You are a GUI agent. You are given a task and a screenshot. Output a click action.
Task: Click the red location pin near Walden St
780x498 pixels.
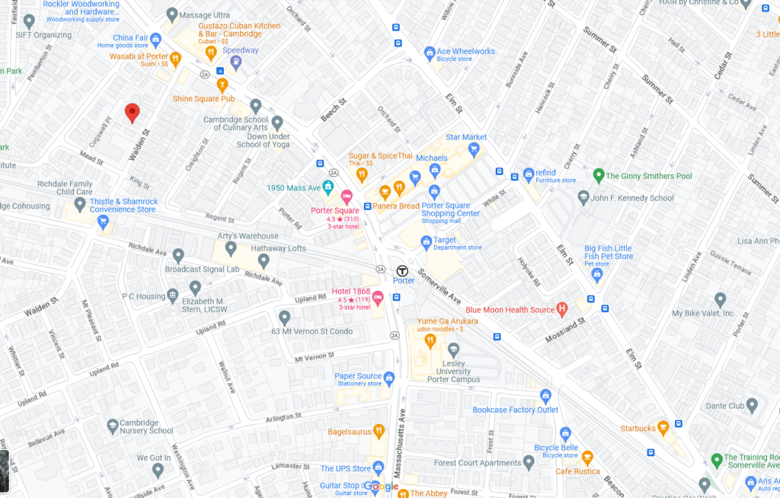click(133, 112)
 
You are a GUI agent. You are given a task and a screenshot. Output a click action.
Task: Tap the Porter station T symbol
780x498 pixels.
click(402, 270)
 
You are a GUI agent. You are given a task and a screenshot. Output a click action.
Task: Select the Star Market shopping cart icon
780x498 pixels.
click(474, 149)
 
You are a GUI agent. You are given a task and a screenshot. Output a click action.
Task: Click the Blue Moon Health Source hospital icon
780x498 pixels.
click(562, 309)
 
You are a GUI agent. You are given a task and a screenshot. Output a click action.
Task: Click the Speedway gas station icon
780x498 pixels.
click(236, 62)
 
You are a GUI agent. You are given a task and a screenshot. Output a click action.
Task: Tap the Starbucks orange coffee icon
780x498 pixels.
click(663, 428)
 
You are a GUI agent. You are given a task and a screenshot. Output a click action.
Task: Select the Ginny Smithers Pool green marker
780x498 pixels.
click(599, 176)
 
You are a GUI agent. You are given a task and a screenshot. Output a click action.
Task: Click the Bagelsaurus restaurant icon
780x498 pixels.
click(379, 432)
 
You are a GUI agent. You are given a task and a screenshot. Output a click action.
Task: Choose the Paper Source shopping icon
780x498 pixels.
click(389, 378)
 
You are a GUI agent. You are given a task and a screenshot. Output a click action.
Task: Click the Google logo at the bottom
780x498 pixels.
click(381, 487)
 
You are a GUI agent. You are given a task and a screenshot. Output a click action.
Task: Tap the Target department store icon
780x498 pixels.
click(427, 243)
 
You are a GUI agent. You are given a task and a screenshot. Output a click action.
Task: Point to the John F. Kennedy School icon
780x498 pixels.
click(583, 197)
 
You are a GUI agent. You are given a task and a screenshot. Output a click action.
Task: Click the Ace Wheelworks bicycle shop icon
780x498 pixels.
click(430, 53)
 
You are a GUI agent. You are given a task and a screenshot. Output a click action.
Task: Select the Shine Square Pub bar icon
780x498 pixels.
click(222, 85)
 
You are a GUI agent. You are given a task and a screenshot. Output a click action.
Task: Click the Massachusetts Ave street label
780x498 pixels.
click(402, 449)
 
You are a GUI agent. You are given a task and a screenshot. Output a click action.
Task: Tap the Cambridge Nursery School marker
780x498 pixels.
click(113, 425)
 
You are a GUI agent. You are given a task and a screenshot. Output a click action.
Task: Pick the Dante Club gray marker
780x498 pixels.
click(752, 405)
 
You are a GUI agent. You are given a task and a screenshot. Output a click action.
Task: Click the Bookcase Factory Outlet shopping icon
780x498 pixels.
click(545, 396)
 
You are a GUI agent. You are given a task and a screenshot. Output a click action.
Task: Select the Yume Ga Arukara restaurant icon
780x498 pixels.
click(430, 340)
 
